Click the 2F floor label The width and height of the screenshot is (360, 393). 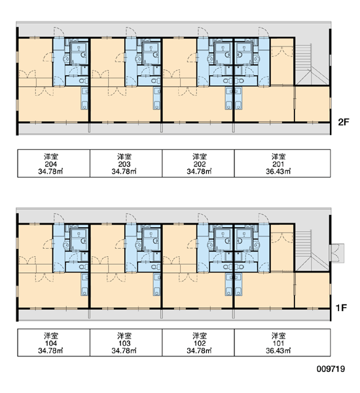[344, 122]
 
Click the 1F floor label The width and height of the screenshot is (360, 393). [341, 308]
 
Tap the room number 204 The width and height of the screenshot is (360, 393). [51, 164]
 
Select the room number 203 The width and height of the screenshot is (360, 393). [124, 164]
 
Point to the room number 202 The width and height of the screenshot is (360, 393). [200, 164]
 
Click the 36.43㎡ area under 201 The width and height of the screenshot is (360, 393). [278, 172]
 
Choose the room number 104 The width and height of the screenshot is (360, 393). [51, 343]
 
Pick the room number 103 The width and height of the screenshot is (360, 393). [124, 343]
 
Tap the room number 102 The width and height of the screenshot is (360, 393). [200, 343]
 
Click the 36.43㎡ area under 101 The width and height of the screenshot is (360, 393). [278, 350]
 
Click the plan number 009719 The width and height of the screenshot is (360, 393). [331, 369]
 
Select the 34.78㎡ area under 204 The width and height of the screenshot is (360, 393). [50, 172]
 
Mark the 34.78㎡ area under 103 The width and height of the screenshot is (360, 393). [124, 350]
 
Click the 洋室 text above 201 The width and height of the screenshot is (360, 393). [278, 157]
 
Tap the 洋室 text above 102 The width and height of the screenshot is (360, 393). [200, 336]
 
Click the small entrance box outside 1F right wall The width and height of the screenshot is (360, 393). [337, 253]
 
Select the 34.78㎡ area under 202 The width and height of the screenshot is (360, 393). [200, 172]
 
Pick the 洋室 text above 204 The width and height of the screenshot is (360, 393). [51, 157]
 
